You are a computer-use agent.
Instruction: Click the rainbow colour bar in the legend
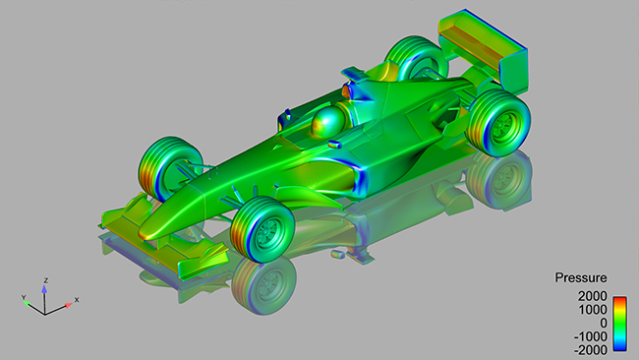(x=619, y=321)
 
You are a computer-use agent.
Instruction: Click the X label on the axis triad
(x=77, y=299)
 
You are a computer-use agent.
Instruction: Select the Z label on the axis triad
(x=45, y=280)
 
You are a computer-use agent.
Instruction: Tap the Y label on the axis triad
(x=24, y=296)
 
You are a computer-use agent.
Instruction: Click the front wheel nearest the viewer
(x=263, y=227)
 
